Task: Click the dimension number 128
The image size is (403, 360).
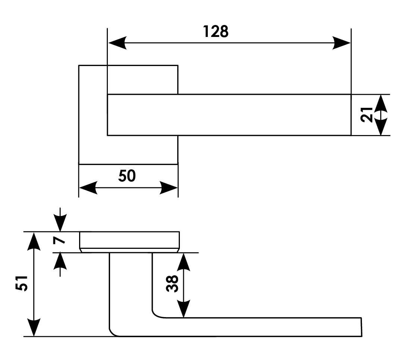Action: [216, 32]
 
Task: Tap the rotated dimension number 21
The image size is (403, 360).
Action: [367, 115]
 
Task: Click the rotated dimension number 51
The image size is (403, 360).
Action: [22, 284]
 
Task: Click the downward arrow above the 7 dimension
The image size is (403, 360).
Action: [60, 223]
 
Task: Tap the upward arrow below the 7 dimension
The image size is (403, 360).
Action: [60, 261]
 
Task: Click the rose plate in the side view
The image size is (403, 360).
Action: [130, 241]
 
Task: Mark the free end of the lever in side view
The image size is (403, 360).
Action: [360, 327]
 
